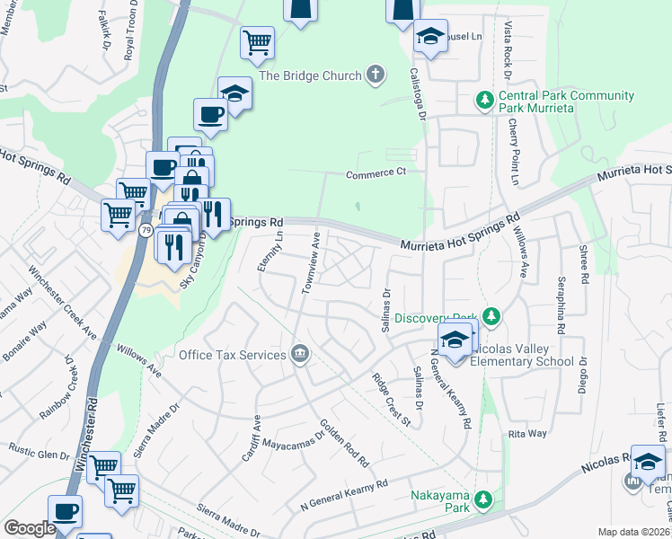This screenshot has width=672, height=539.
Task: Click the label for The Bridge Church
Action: tap(310, 76)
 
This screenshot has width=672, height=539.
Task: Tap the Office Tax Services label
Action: tap(232, 355)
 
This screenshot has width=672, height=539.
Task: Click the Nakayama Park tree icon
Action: tap(484, 498)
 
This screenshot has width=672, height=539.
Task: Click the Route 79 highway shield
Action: tap(146, 232)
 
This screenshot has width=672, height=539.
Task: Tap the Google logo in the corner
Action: tap(30, 528)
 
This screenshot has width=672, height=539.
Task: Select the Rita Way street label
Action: tap(527, 434)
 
